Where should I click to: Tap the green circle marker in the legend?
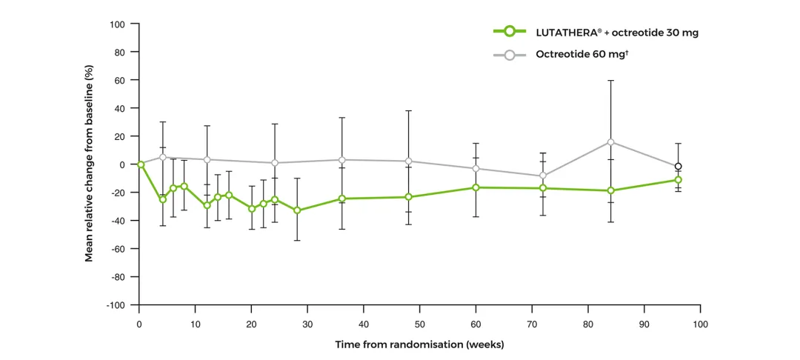pyautogui.click(x=509, y=32)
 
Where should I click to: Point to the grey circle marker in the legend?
pyautogui.click(x=509, y=55)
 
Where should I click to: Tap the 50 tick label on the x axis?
pyautogui.click(x=419, y=324)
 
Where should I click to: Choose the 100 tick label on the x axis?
pyautogui.click(x=700, y=324)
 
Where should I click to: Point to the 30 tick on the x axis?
pyautogui.click(x=307, y=324)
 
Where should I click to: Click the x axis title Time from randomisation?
pyautogui.click(x=419, y=344)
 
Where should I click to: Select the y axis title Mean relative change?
pyautogui.click(x=89, y=164)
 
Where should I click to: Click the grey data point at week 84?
pyautogui.click(x=610, y=142)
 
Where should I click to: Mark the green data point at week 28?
pyautogui.click(x=297, y=210)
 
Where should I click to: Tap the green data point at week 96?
pyautogui.click(x=678, y=180)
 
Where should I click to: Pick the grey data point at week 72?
pyautogui.click(x=543, y=176)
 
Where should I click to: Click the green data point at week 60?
pyautogui.click(x=476, y=187)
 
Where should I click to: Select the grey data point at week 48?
pyautogui.click(x=408, y=161)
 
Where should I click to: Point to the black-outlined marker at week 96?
pyautogui.click(x=678, y=167)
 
